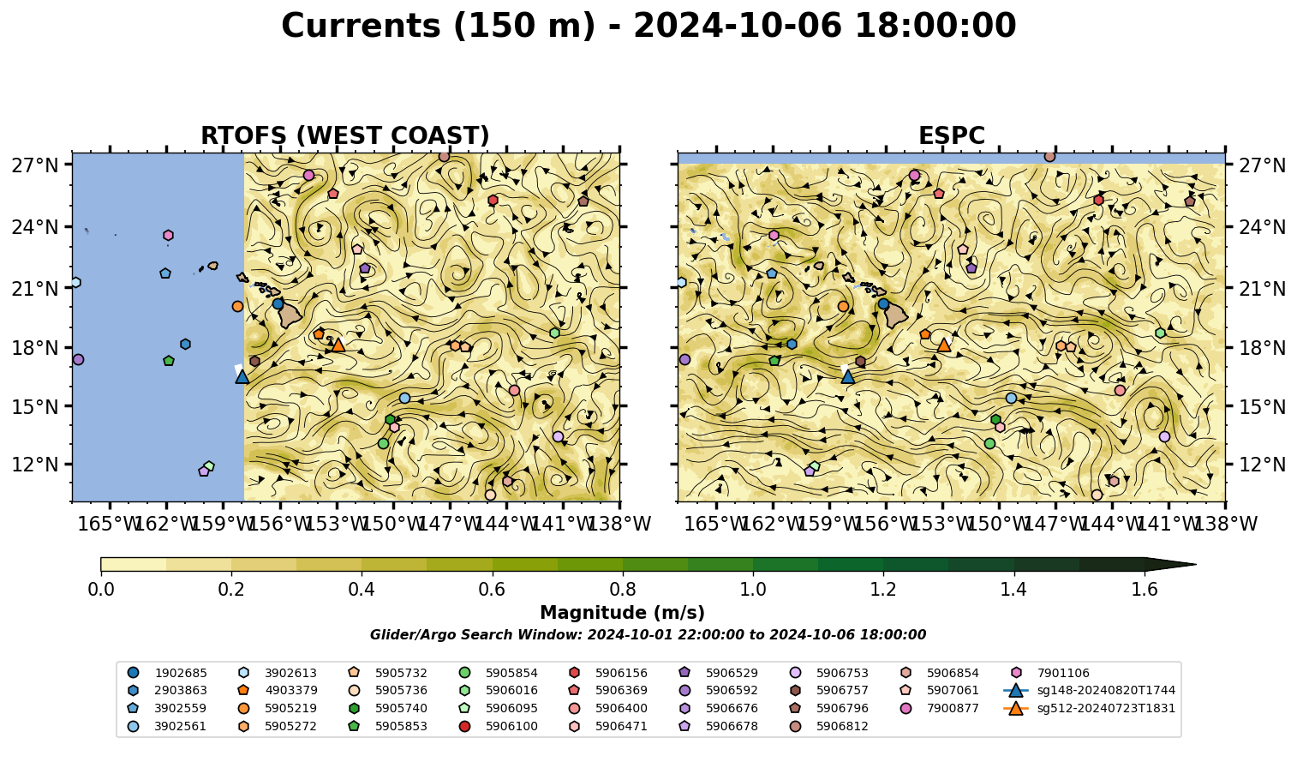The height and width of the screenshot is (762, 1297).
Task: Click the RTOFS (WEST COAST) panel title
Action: point(345,135)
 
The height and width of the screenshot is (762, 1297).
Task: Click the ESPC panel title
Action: point(951,135)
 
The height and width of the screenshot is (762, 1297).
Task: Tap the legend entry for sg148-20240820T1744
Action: point(1089,690)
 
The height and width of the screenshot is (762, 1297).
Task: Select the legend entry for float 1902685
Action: point(167,673)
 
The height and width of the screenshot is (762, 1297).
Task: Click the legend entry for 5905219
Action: point(278,708)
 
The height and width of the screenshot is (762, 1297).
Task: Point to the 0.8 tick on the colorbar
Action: point(623,573)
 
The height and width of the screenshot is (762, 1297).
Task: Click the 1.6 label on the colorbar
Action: point(1145,590)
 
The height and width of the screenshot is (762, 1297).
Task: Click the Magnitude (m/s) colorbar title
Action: point(623,613)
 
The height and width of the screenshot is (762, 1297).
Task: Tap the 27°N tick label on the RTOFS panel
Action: point(35,165)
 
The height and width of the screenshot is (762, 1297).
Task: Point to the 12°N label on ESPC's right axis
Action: point(1262,465)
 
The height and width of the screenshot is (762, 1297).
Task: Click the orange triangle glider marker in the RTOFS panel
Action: point(338,345)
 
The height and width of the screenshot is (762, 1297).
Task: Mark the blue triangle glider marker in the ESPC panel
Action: point(848,377)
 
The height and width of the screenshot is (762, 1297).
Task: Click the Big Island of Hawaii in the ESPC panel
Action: point(896,315)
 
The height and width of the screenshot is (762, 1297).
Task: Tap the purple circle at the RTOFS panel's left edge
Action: point(78,359)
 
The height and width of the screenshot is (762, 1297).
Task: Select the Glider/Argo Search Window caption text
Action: point(648,634)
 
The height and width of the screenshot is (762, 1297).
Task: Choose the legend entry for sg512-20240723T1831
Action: point(1089,708)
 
